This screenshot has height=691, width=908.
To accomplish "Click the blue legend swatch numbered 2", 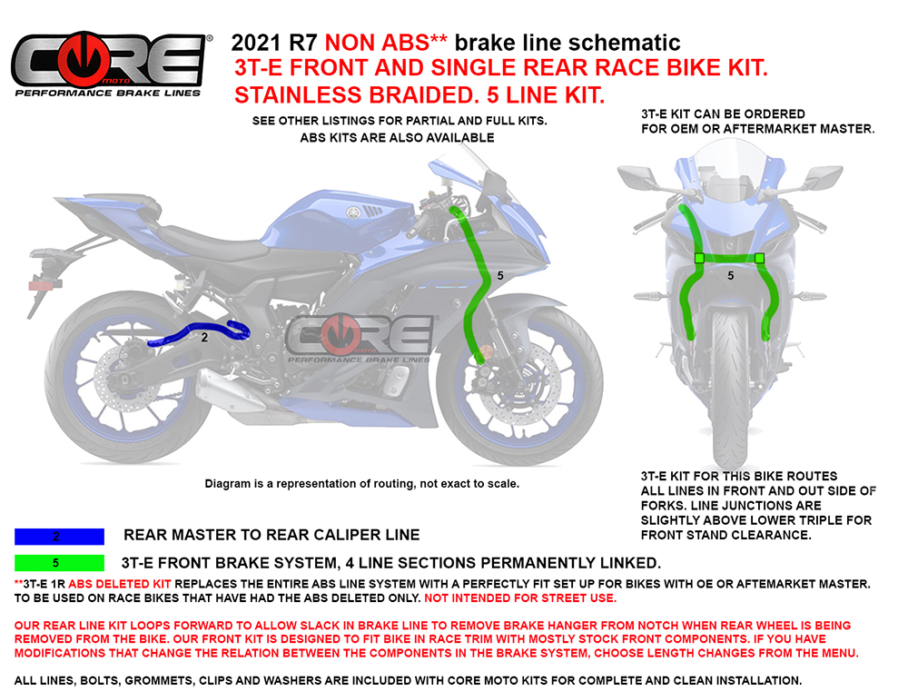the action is (x=59, y=537).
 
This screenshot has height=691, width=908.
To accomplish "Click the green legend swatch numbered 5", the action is (x=59, y=563).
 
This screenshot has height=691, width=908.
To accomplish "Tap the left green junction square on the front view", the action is (x=699, y=258).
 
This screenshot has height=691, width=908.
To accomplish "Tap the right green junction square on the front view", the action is (x=759, y=258).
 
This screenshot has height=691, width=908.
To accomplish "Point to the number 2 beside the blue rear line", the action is (x=204, y=337).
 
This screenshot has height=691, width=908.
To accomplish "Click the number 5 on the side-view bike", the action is (x=500, y=276).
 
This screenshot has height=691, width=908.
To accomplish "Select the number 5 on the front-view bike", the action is (x=730, y=276).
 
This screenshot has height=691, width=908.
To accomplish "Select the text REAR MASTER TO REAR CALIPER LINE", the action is (x=271, y=535).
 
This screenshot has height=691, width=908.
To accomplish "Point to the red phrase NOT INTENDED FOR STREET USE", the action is (x=520, y=598).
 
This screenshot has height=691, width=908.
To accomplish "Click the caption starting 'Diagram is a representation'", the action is (x=362, y=484).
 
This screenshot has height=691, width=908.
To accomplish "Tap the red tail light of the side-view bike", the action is (x=44, y=285).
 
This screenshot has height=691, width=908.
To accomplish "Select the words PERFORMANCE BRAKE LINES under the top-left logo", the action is (x=108, y=94).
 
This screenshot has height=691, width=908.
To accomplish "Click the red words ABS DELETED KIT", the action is (x=119, y=585).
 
